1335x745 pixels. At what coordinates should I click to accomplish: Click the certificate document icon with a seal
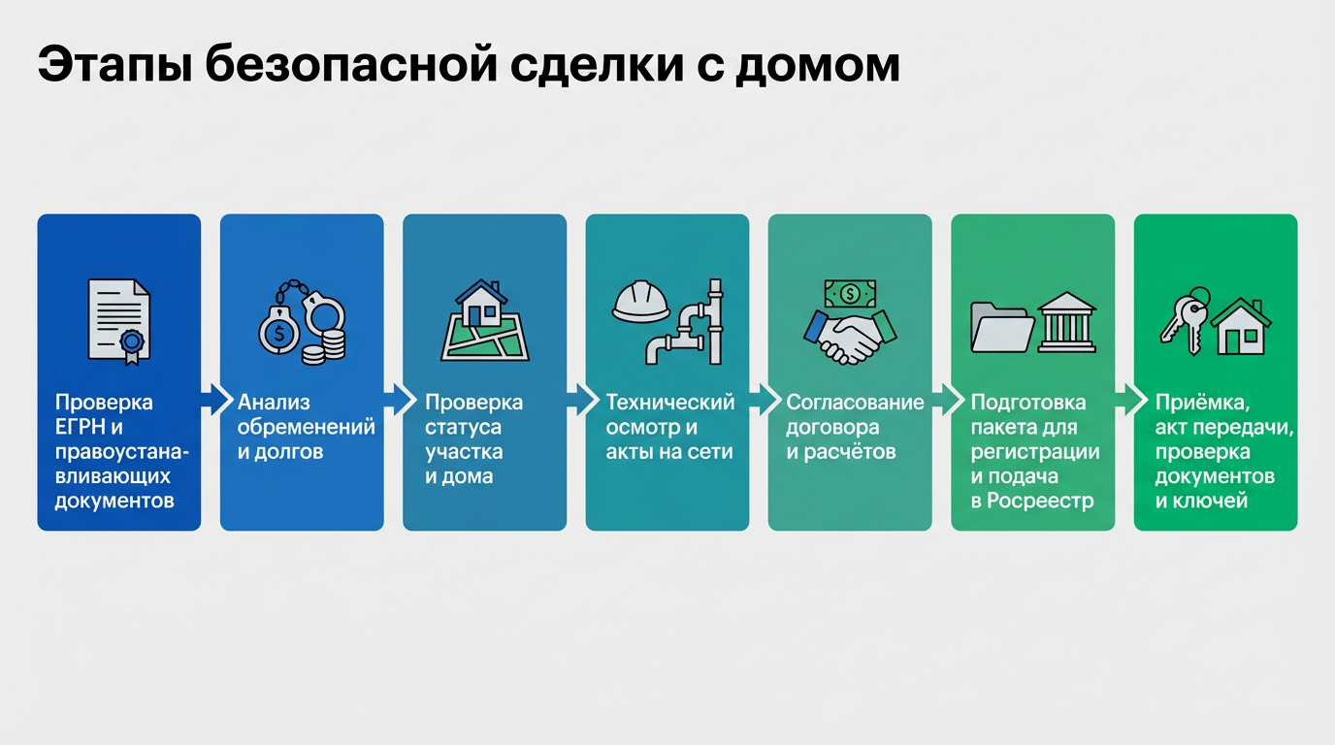[118, 319]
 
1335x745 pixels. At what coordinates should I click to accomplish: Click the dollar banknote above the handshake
[850, 292]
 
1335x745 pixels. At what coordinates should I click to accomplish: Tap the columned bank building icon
[1066, 322]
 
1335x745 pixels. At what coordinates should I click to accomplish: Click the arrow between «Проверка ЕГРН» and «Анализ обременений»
[211, 400]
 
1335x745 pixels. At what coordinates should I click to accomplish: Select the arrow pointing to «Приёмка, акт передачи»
[1124, 400]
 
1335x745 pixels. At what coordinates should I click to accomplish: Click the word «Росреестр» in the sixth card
[1040, 502]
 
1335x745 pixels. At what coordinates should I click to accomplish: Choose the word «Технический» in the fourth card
[670, 403]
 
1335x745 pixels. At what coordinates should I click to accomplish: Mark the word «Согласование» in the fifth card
[855, 403]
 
